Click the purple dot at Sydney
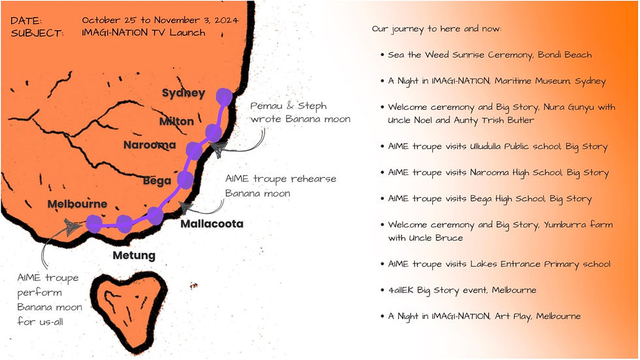click(x=224, y=97)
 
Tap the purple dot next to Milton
click(x=214, y=133)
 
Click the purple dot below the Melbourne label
click(x=93, y=224)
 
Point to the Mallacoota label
click(x=212, y=224)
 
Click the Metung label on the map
click(x=134, y=255)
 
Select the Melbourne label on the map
click(x=77, y=204)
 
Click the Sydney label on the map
click(x=184, y=93)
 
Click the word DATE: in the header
click(x=27, y=21)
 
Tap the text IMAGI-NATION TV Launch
click(x=144, y=33)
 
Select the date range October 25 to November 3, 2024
click(x=160, y=20)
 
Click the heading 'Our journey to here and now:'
click(x=436, y=29)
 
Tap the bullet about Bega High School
click(x=490, y=199)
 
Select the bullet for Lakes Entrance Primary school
click(x=499, y=264)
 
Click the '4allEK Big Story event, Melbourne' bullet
click(x=471, y=290)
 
